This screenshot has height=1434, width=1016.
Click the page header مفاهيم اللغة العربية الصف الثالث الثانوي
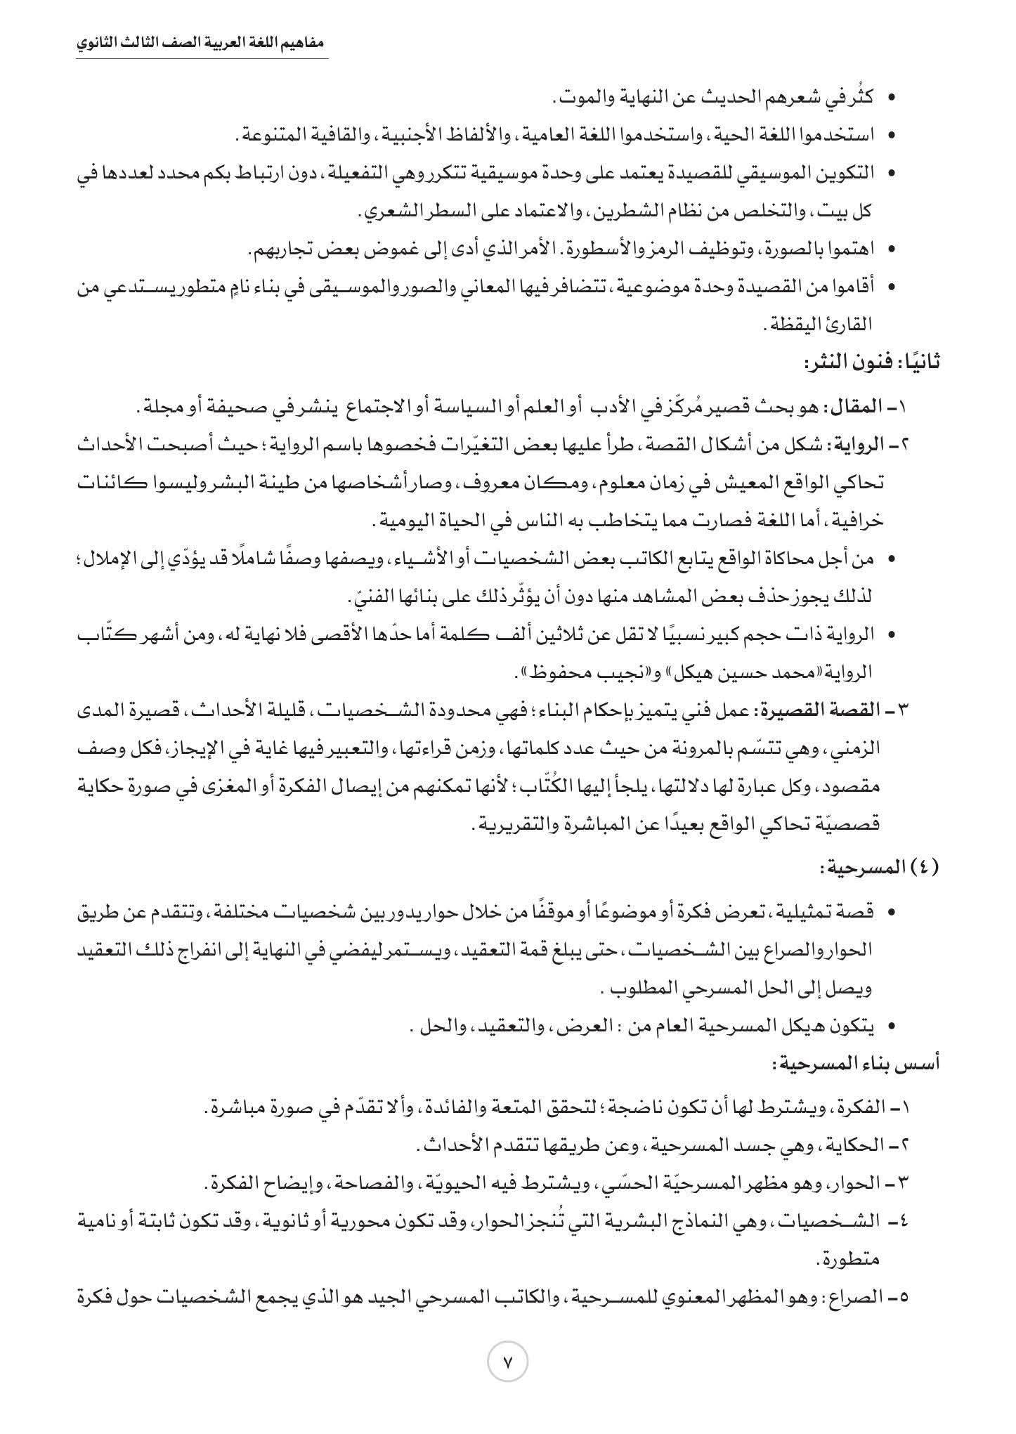tap(202, 43)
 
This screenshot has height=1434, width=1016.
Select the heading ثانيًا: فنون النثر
tap(871, 363)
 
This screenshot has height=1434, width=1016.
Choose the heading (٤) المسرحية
tap(879, 868)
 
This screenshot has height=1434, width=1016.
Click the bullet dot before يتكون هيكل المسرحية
tap(891, 1027)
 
